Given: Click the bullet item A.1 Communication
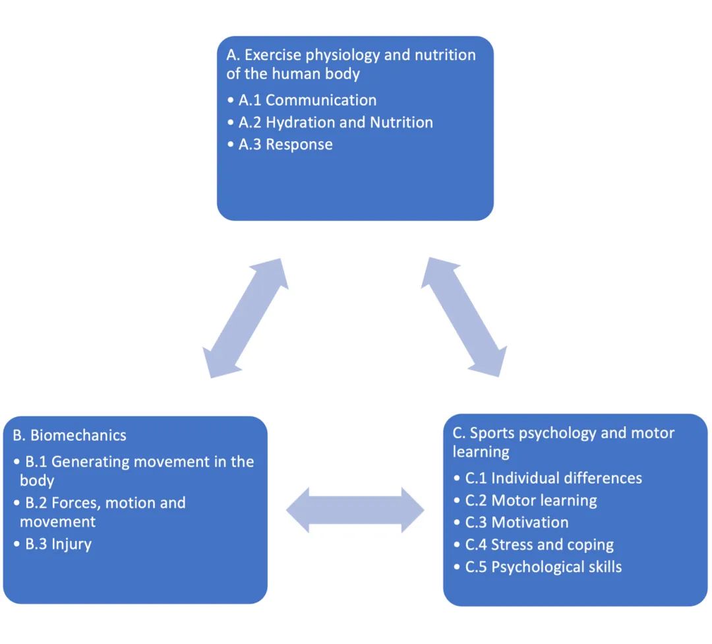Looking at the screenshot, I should point(307,100).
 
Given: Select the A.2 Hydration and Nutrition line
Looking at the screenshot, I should point(336,123).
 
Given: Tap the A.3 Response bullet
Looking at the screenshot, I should point(285,145).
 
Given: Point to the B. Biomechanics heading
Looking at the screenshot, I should point(69,435).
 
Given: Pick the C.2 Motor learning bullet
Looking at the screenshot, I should point(531,500).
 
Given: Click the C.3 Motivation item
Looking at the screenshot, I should point(516,523).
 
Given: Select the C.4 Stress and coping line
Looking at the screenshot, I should point(539,545).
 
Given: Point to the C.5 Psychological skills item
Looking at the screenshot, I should point(543,567).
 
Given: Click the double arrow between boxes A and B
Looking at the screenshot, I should point(245,317).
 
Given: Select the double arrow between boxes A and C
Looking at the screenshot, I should point(464,316).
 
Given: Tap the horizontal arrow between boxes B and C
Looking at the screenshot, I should point(355,510).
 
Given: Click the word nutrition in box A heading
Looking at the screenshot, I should point(444,55).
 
